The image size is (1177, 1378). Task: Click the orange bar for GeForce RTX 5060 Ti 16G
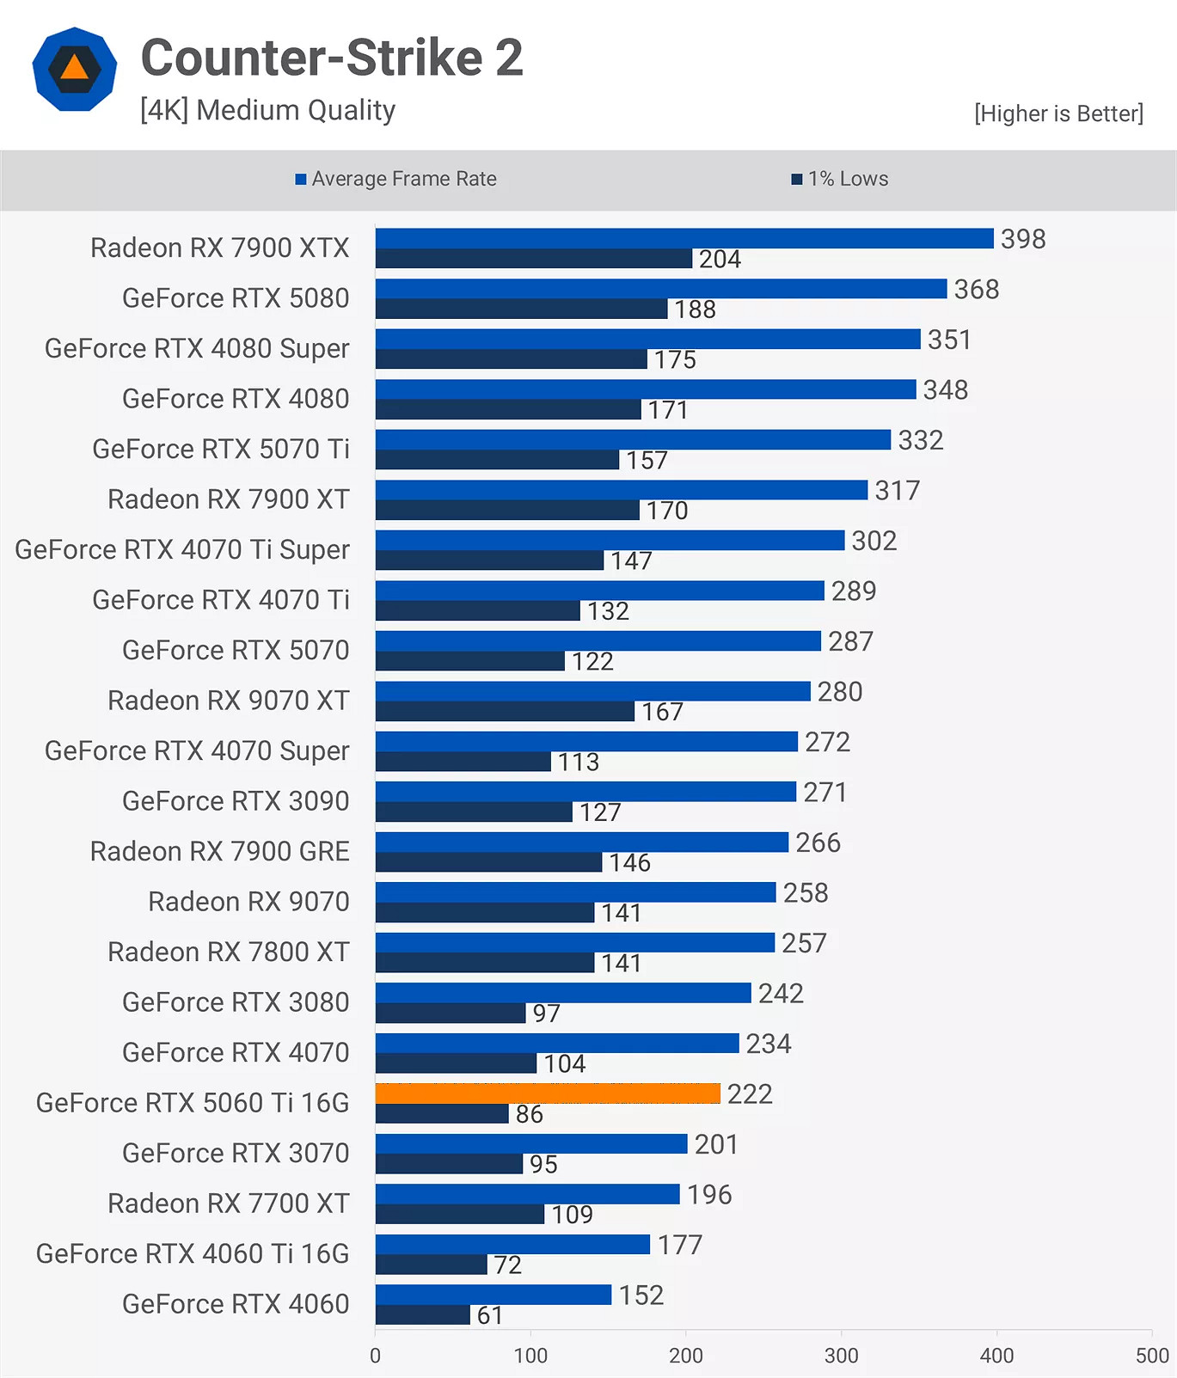point(548,1093)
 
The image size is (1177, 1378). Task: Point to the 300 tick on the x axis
point(841,1356)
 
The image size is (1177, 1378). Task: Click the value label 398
point(1022,239)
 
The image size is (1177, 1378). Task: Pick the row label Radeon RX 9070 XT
point(228,701)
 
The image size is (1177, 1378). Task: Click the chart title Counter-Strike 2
point(332,58)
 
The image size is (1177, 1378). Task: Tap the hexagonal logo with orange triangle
point(75,69)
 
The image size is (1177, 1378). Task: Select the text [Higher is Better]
point(1058,113)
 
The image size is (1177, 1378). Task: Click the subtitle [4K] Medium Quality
point(267,110)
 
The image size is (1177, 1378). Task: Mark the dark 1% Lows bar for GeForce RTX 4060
point(422,1315)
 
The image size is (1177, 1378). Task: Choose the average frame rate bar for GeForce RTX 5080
point(660,289)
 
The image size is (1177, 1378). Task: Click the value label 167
point(662,712)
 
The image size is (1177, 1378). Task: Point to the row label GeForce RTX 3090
point(236,801)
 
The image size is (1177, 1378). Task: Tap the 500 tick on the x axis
point(1151,1356)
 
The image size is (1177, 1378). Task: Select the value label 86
point(529,1114)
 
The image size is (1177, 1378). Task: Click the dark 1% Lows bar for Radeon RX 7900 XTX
point(533,259)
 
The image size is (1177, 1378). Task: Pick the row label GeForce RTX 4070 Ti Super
point(182,549)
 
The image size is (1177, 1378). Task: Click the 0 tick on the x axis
point(375,1356)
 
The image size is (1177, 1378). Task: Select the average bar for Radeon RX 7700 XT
point(527,1194)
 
